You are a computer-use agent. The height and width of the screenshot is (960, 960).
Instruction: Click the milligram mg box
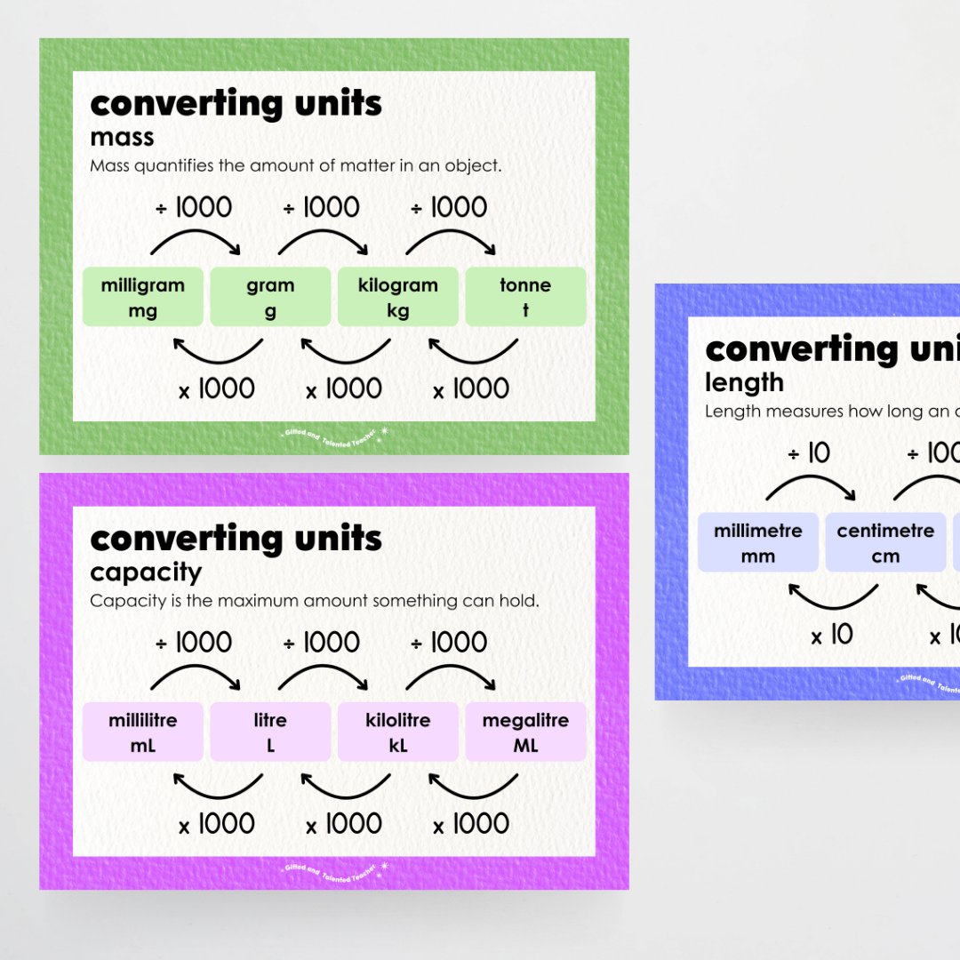(143, 297)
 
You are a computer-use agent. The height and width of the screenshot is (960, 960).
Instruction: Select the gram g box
(270, 297)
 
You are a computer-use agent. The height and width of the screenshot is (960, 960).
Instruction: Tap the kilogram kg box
(398, 297)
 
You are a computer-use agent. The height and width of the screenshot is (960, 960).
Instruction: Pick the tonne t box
(525, 297)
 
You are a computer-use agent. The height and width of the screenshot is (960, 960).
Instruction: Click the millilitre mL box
(143, 732)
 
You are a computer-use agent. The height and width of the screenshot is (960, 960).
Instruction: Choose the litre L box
(270, 732)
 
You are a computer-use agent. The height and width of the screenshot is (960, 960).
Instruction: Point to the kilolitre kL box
(398, 732)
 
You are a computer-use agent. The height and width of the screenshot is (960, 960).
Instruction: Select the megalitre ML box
(525, 732)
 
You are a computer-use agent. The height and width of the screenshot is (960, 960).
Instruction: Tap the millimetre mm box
(758, 542)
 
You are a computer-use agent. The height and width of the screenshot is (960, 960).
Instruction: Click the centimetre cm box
(885, 542)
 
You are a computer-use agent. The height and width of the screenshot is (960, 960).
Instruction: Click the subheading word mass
(122, 138)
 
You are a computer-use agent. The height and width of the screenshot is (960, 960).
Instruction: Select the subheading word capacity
(146, 572)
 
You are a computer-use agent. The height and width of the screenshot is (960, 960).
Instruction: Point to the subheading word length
(744, 383)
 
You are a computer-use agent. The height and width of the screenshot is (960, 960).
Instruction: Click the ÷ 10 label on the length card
(809, 454)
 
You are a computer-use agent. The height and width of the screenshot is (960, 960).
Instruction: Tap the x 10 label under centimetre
(832, 635)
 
